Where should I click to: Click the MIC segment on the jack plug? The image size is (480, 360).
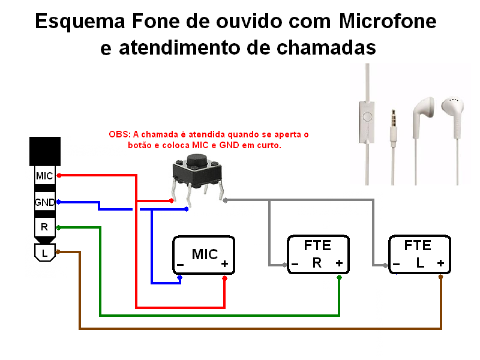pos(44,176)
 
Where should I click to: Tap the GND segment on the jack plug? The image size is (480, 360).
pos(44,202)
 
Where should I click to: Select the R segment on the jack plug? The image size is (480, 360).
pos(44,227)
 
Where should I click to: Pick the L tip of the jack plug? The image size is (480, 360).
pos(44,252)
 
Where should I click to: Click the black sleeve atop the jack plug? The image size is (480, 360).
pos(44,151)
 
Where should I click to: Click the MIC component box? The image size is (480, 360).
pos(203,255)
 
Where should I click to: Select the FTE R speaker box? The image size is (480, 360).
pos(317,255)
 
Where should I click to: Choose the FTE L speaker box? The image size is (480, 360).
pos(419,255)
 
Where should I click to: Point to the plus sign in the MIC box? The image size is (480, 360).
pos(224,264)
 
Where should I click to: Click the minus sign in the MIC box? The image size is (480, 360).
pos(181,264)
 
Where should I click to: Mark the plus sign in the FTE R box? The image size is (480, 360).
pos(339,263)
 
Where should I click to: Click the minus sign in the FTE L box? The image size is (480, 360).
pos(397,263)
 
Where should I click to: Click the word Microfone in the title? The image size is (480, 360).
pos(388,22)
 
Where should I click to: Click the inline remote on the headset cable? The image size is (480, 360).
pos(367,117)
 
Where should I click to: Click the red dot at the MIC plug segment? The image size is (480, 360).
pos(58,176)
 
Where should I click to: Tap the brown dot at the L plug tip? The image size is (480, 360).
pos(58,252)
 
